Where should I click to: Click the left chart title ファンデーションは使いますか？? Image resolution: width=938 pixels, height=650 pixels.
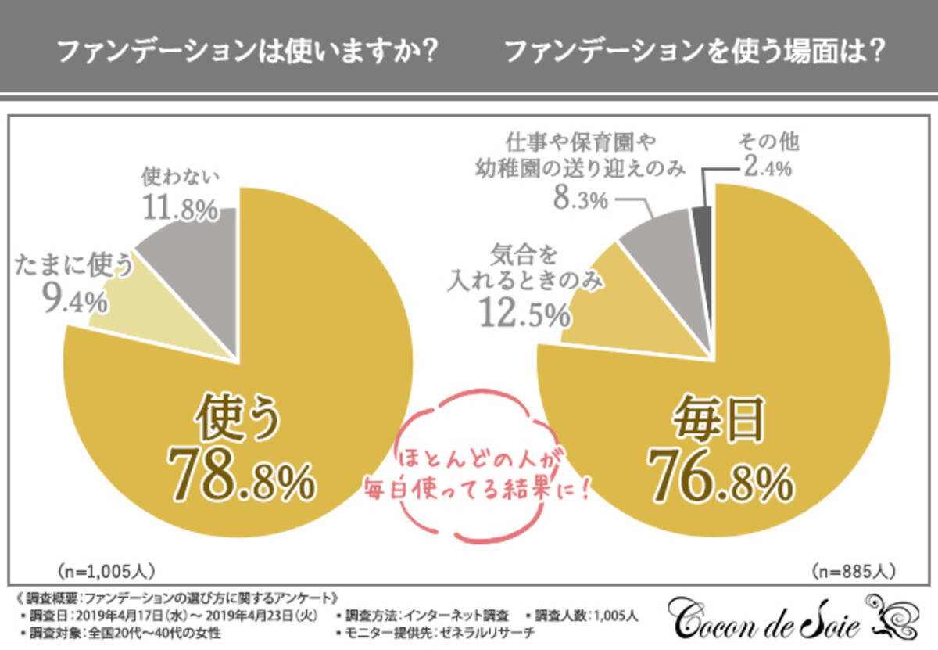pos(247,52)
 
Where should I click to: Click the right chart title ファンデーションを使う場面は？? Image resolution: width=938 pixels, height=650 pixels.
pos(695,52)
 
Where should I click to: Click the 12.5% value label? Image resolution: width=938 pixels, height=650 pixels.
pos(524,314)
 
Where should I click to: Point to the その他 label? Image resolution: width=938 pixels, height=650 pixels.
pos(769,143)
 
